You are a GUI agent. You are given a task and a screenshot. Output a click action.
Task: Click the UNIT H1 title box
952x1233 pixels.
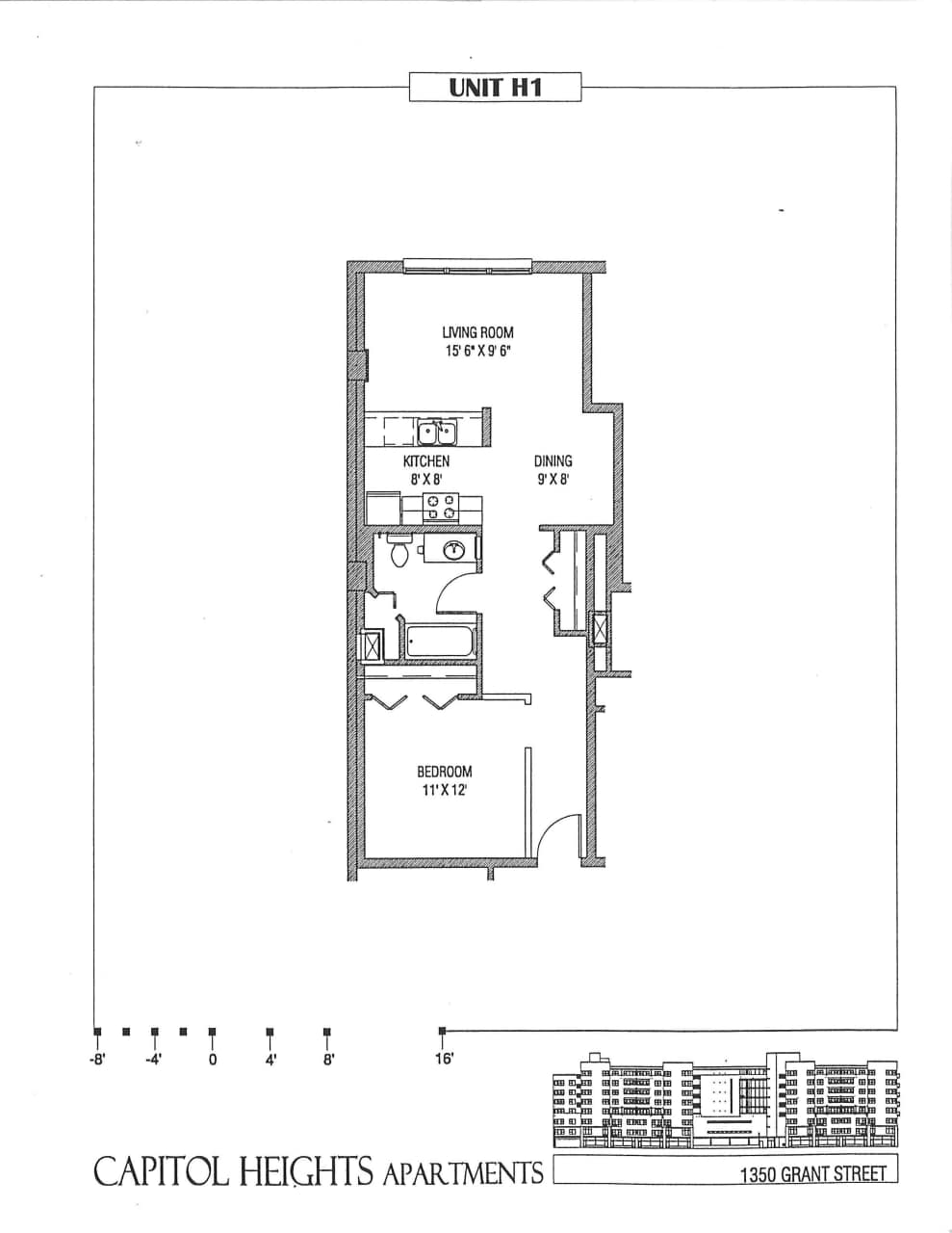click(495, 87)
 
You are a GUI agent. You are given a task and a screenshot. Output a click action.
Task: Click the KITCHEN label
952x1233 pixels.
click(425, 461)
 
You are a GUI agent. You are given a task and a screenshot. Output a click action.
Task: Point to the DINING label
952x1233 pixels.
click(553, 461)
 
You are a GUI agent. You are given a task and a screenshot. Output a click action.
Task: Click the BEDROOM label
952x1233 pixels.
click(444, 772)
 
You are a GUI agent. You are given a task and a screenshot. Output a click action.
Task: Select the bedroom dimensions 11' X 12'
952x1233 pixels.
click(444, 790)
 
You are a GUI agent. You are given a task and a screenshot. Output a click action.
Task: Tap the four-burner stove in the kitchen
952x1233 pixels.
click(441, 507)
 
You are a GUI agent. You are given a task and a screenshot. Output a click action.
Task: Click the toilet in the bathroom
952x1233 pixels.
click(399, 553)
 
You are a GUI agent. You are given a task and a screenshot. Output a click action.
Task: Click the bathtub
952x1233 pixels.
click(440, 643)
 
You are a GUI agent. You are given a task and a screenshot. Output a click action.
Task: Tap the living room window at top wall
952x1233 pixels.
click(467, 266)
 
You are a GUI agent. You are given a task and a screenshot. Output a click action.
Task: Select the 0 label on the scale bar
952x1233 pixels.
click(212, 1061)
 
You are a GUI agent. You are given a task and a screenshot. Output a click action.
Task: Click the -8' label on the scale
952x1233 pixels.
click(96, 1061)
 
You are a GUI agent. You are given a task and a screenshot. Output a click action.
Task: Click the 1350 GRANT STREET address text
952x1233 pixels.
click(812, 1174)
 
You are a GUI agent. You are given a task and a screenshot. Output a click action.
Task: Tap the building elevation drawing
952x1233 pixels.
click(726, 1102)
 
